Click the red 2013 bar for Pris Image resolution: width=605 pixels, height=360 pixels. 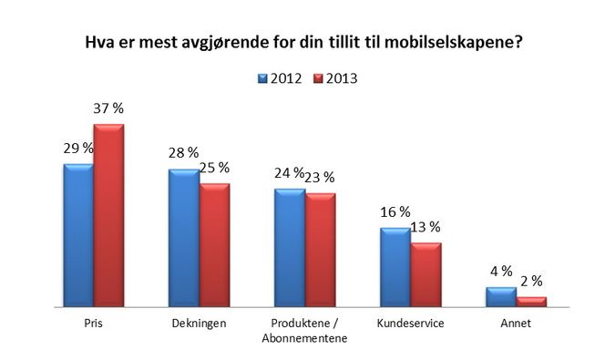pos(108,217)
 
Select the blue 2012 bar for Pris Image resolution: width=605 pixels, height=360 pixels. pos(77,237)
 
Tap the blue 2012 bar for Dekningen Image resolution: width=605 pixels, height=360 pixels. pos(183,240)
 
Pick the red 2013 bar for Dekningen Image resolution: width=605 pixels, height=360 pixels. pos(214,246)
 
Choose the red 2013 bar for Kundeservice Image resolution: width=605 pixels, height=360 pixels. pos(426,276)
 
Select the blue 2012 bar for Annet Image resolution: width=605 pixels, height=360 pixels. pos(500,299)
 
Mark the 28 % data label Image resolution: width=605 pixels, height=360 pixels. pos(183,153)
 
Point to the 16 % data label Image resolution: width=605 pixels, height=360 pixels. pos(395,211)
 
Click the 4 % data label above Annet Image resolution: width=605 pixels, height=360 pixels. pos(500,272)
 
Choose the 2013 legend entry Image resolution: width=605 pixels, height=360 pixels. pos(334,78)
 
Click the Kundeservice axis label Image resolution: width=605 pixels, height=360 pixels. pos(410,324)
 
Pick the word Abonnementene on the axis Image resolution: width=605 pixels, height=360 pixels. pos(304,338)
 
